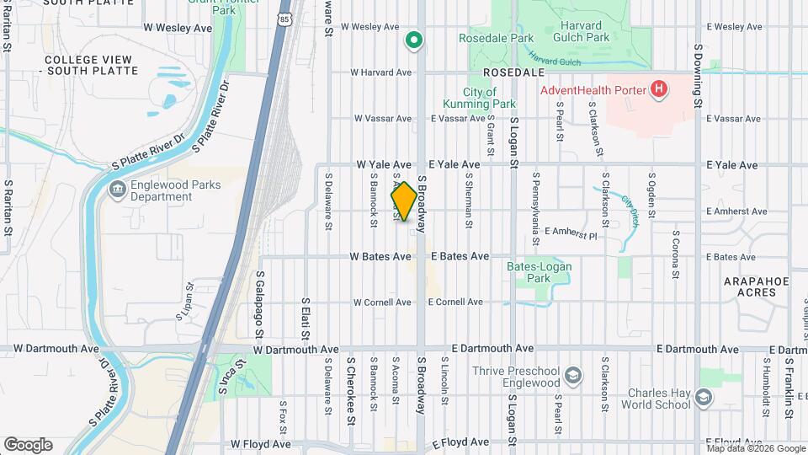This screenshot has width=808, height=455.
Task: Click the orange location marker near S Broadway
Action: [404, 201]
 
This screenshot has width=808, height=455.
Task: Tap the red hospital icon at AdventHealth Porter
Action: [660, 89]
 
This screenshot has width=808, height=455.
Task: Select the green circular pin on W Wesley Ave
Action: [413, 40]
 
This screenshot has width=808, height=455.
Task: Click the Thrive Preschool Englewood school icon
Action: [573, 374]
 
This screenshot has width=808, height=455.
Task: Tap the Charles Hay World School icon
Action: [704, 397]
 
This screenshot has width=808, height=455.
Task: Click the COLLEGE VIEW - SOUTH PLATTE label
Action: [88, 65]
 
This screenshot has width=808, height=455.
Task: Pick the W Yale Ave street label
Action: [384, 164]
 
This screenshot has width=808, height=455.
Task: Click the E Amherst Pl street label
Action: [571, 232]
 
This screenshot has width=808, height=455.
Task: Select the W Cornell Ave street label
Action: [382, 302]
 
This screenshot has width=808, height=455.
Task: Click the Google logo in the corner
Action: [28, 445]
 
